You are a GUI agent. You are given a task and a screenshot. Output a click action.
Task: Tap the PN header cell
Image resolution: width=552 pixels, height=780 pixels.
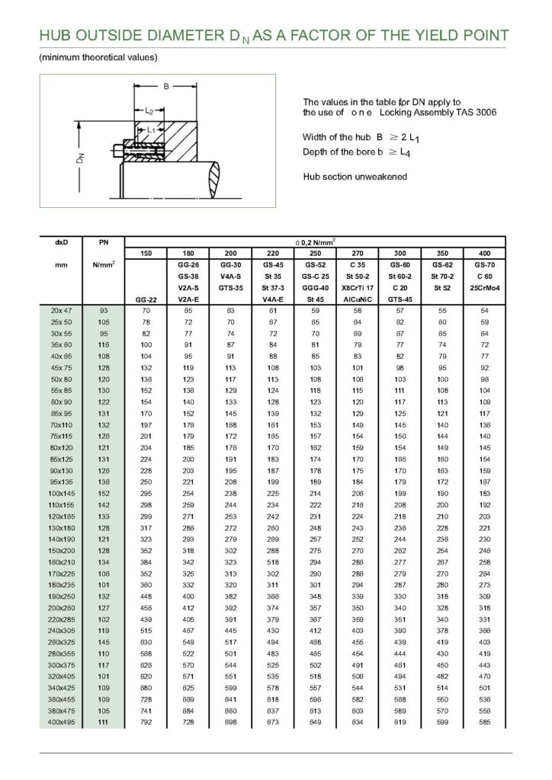pos(104,241)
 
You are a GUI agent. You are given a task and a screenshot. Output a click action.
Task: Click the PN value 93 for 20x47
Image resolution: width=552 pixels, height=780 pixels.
pos(104,311)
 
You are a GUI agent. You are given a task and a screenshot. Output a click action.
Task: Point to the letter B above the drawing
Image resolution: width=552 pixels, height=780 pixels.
pos(166,86)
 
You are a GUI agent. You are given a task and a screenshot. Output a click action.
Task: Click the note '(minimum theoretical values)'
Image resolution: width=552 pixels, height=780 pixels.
pos(98,58)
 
